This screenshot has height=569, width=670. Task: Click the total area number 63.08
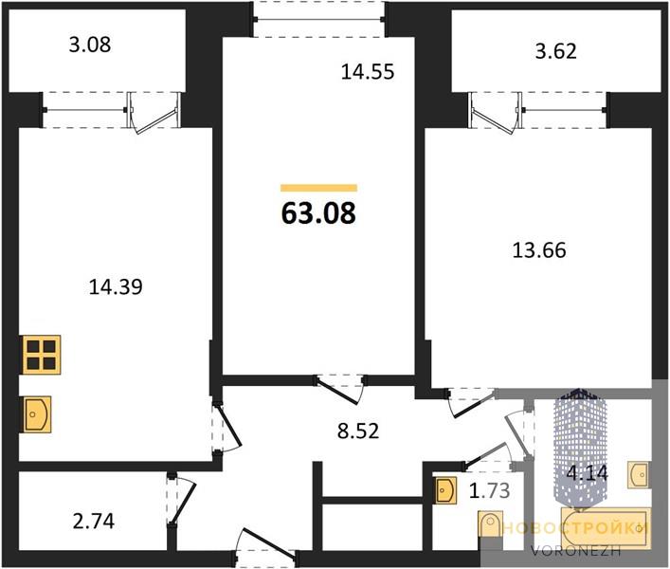(318, 212)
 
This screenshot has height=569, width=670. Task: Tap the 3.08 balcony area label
(90, 45)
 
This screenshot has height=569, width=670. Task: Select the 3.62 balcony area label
(556, 51)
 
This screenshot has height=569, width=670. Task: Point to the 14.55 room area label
(368, 71)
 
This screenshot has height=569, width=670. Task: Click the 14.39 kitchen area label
(116, 286)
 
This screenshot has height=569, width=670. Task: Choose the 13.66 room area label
(539, 250)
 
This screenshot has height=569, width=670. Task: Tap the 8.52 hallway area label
(358, 431)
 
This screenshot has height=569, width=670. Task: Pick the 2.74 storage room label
(94, 522)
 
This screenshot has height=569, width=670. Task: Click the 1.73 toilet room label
(489, 491)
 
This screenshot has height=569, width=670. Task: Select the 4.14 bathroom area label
(587, 473)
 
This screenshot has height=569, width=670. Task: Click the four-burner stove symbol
(42, 355)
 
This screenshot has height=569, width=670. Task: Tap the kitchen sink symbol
(37, 414)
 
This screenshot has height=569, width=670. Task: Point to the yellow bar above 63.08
(318, 188)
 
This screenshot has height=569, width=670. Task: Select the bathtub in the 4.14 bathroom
(606, 527)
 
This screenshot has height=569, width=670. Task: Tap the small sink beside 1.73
(446, 490)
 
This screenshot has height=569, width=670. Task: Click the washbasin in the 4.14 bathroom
(640, 474)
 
